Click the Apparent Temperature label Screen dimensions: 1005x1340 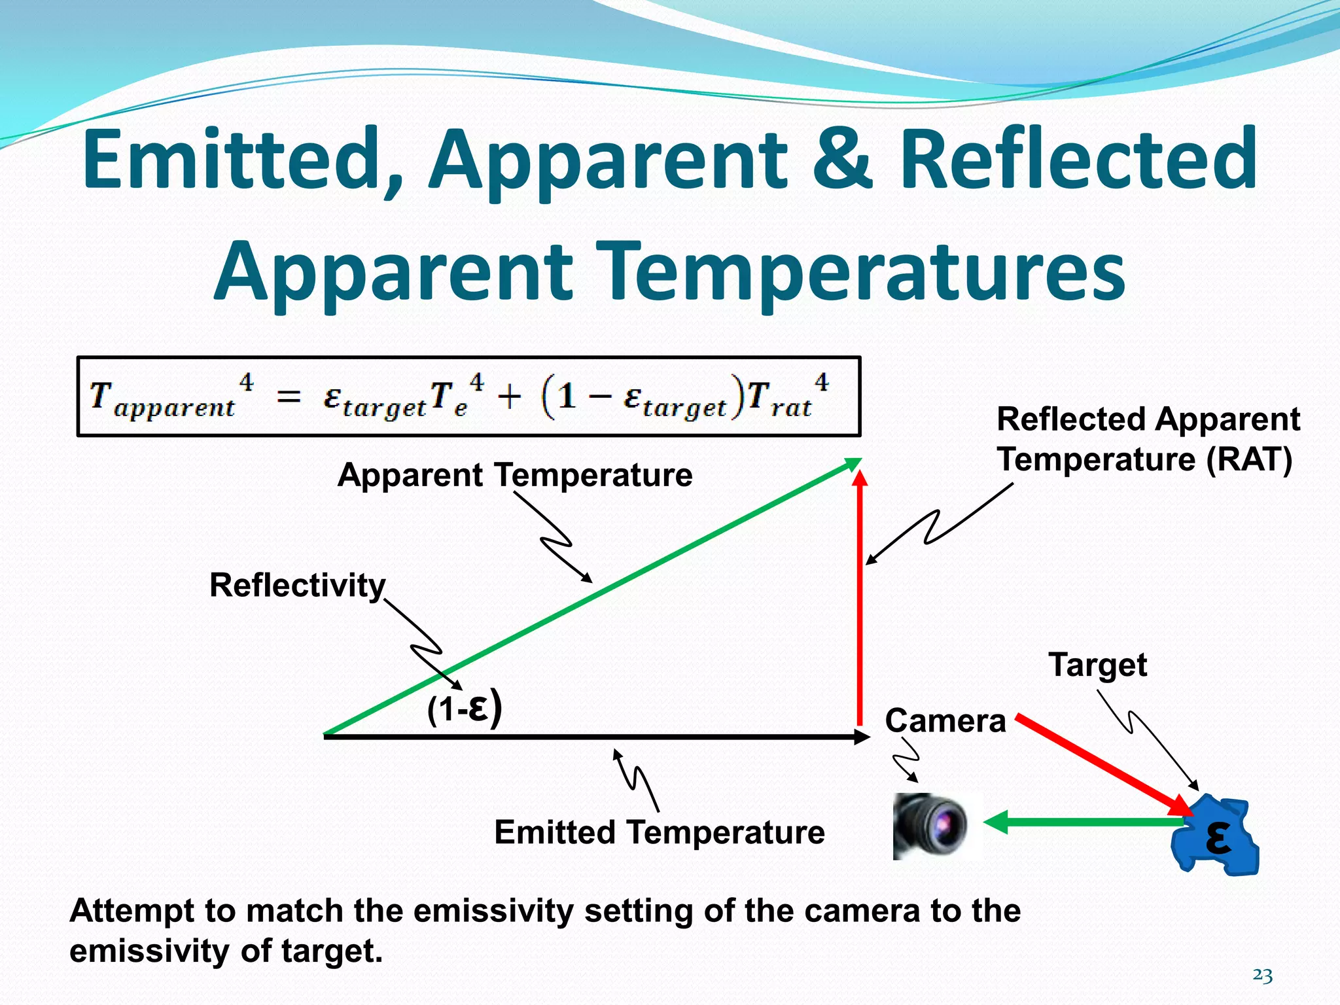coord(515,475)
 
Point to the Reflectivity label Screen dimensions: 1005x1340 coord(297,585)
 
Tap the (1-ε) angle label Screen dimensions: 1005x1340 coord(465,709)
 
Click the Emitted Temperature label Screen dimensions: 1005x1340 coord(659,832)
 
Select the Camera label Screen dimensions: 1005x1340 coord(945,721)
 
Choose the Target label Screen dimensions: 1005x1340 coord(1097,665)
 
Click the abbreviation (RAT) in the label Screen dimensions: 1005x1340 coord(1249,459)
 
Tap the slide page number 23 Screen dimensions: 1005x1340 coord(1262,976)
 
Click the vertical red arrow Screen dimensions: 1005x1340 coord(860,602)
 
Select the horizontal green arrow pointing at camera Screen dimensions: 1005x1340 coord(1086,822)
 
